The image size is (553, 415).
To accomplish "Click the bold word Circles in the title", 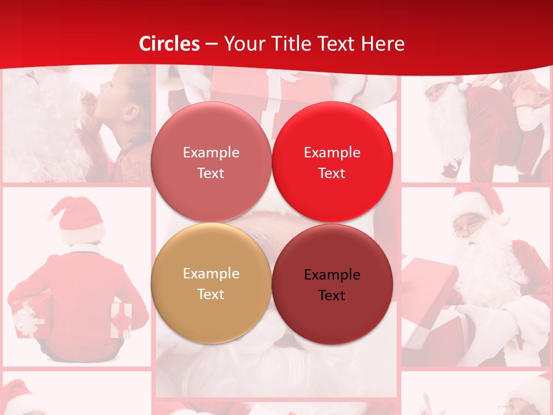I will pos(169,44).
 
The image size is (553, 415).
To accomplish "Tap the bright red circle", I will pos(332,162).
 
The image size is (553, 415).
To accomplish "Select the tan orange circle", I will pos(211,283).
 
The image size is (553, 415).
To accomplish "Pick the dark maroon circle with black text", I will pos(332,284).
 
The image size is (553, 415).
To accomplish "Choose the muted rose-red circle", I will pos(211,162).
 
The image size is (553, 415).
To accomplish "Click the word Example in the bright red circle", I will pos(332,153).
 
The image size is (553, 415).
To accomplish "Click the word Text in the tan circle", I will pos(211,294).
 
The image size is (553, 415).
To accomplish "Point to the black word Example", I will pos(332,275).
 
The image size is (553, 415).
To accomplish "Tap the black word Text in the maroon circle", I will pos(332,296).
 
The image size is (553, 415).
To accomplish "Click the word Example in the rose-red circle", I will pos(211,153).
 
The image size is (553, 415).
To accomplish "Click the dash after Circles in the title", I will pos(211,44).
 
